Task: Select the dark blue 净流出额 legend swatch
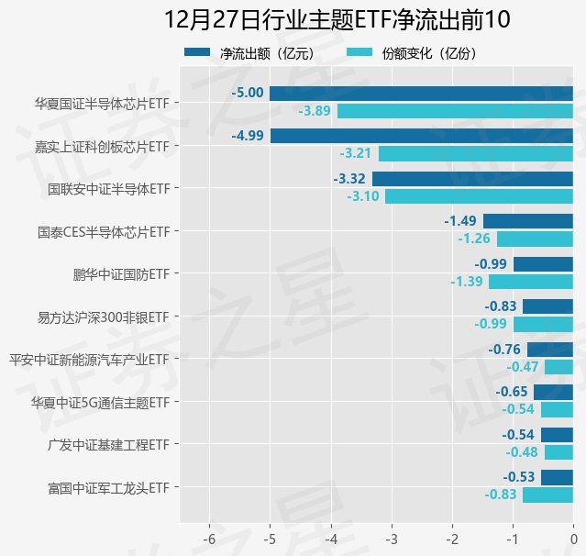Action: coord(197,53)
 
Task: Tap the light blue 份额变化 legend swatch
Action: coord(359,53)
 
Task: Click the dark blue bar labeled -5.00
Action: coord(421,93)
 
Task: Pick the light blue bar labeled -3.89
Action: coord(455,111)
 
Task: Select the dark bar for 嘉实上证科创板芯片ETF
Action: coord(422,136)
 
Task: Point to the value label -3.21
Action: coord(356,153)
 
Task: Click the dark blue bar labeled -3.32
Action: coord(472,179)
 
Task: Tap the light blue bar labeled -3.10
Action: coord(479,196)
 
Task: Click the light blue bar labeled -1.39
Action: coord(531,282)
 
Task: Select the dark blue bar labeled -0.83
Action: coord(547,306)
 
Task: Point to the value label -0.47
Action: coord(523,367)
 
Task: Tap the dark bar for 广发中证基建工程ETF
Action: coord(557,434)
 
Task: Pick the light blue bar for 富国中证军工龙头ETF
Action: coord(547,495)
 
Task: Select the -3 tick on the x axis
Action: coord(392,538)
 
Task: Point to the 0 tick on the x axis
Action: coord(573,538)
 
